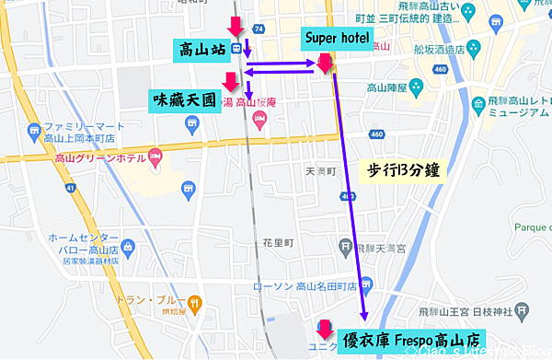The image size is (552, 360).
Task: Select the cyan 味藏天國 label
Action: [184, 97]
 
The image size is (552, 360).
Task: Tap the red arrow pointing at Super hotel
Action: [324, 63]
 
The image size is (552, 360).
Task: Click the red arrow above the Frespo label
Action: [324, 327]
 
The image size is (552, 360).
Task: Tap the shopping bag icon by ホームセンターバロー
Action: [128, 247]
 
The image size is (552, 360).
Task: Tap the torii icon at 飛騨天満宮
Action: [344, 246]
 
